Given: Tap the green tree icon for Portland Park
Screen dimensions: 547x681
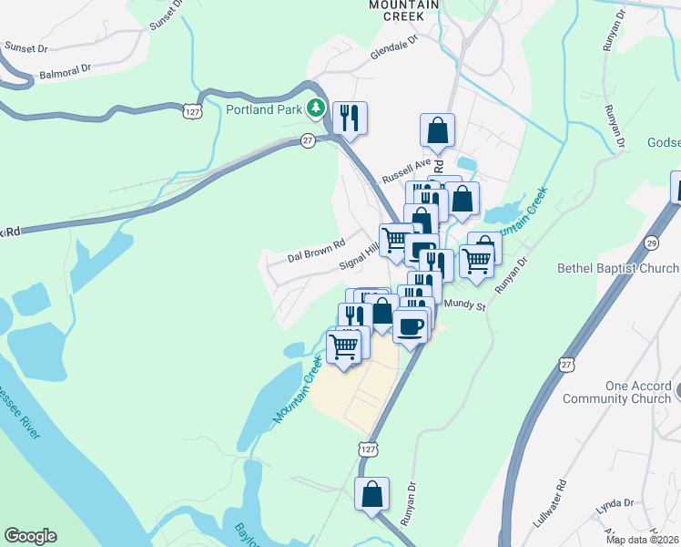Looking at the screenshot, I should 316,109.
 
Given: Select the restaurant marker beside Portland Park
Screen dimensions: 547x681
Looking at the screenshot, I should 350,117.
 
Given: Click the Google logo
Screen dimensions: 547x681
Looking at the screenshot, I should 30,536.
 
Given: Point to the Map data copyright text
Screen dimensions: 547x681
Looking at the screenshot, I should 642,540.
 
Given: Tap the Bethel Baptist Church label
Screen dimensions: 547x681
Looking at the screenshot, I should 618,268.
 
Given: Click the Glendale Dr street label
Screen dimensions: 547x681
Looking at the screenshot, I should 393,48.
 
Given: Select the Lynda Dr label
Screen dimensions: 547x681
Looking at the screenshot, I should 615,502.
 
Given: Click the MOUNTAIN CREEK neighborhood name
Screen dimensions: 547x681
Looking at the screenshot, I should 404,11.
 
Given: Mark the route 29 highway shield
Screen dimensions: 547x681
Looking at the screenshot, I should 651,243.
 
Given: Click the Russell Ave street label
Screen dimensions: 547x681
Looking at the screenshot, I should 406,169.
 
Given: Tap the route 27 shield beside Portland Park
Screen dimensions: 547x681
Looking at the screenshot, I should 308,140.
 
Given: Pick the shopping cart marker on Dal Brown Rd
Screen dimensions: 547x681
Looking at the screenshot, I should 395,240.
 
